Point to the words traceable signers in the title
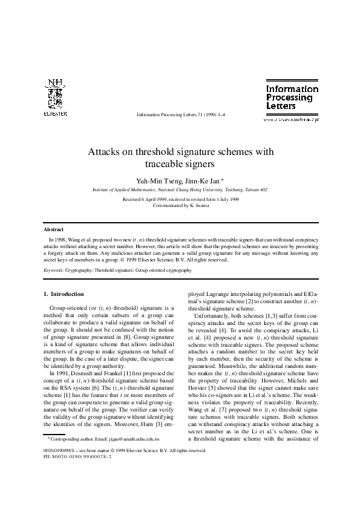pyautogui.click(x=180, y=164)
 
